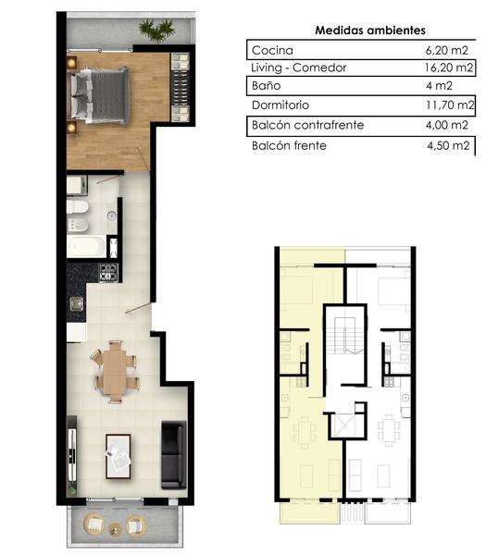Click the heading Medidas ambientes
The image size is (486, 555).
(x=370, y=31)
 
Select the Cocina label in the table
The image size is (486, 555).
(x=272, y=50)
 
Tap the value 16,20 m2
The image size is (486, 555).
(x=449, y=68)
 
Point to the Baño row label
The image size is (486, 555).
(x=266, y=86)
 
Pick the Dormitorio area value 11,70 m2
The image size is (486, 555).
(x=450, y=105)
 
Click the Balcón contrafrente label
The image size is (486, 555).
(x=308, y=125)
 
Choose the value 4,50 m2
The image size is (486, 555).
(x=448, y=145)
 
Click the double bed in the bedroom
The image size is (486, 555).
(x=98, y=95)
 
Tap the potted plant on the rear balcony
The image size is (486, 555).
(x=156, y=30)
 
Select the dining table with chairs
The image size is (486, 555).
(x=115, y=371)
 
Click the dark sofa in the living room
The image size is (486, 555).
(x=174, y=455)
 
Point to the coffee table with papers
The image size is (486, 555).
(x=118, y=457)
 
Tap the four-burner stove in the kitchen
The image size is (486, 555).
(x=108, y=273)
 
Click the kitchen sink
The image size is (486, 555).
(x=77, y=303)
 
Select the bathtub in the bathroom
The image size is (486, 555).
(x=86, y=246)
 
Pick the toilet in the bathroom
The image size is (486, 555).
(x=77, y=207)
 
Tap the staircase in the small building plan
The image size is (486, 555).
(x=344, y=336)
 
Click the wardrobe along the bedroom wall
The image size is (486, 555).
(x=181, y=87)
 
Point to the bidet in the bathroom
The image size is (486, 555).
(x=77, y=225)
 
